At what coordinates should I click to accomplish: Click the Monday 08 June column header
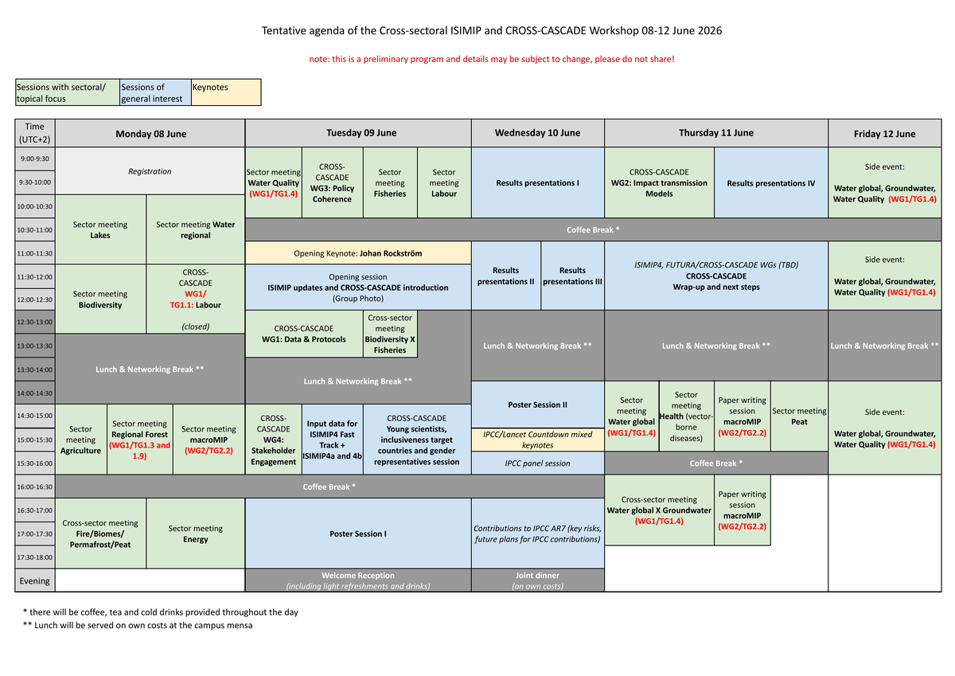point(150,134)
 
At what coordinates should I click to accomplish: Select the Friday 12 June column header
point(884,134)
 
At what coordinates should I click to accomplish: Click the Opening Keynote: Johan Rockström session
point(358,253)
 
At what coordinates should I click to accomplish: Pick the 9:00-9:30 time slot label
point(35,158)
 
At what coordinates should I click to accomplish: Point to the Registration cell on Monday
point(150,171)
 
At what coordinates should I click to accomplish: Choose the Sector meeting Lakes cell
point(100,230)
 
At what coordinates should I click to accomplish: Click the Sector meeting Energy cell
point(195,533)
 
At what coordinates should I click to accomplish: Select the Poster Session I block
point(358,533)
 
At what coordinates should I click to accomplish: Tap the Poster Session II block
point(537,404)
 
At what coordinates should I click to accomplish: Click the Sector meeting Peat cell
point(799,416)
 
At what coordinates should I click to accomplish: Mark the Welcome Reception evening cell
point(358,580)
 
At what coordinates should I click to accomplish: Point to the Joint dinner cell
point(537,580)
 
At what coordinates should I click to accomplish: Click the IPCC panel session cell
point(537,463)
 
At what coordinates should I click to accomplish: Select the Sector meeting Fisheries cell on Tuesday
point(390,183)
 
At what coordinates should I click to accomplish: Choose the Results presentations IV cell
point(770,183)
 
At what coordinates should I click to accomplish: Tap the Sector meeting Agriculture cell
point(80,440)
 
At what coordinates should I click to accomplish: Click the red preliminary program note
point(492,59)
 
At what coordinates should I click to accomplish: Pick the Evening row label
point(35,580)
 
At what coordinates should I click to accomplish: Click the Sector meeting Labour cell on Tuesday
point(444,183)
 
